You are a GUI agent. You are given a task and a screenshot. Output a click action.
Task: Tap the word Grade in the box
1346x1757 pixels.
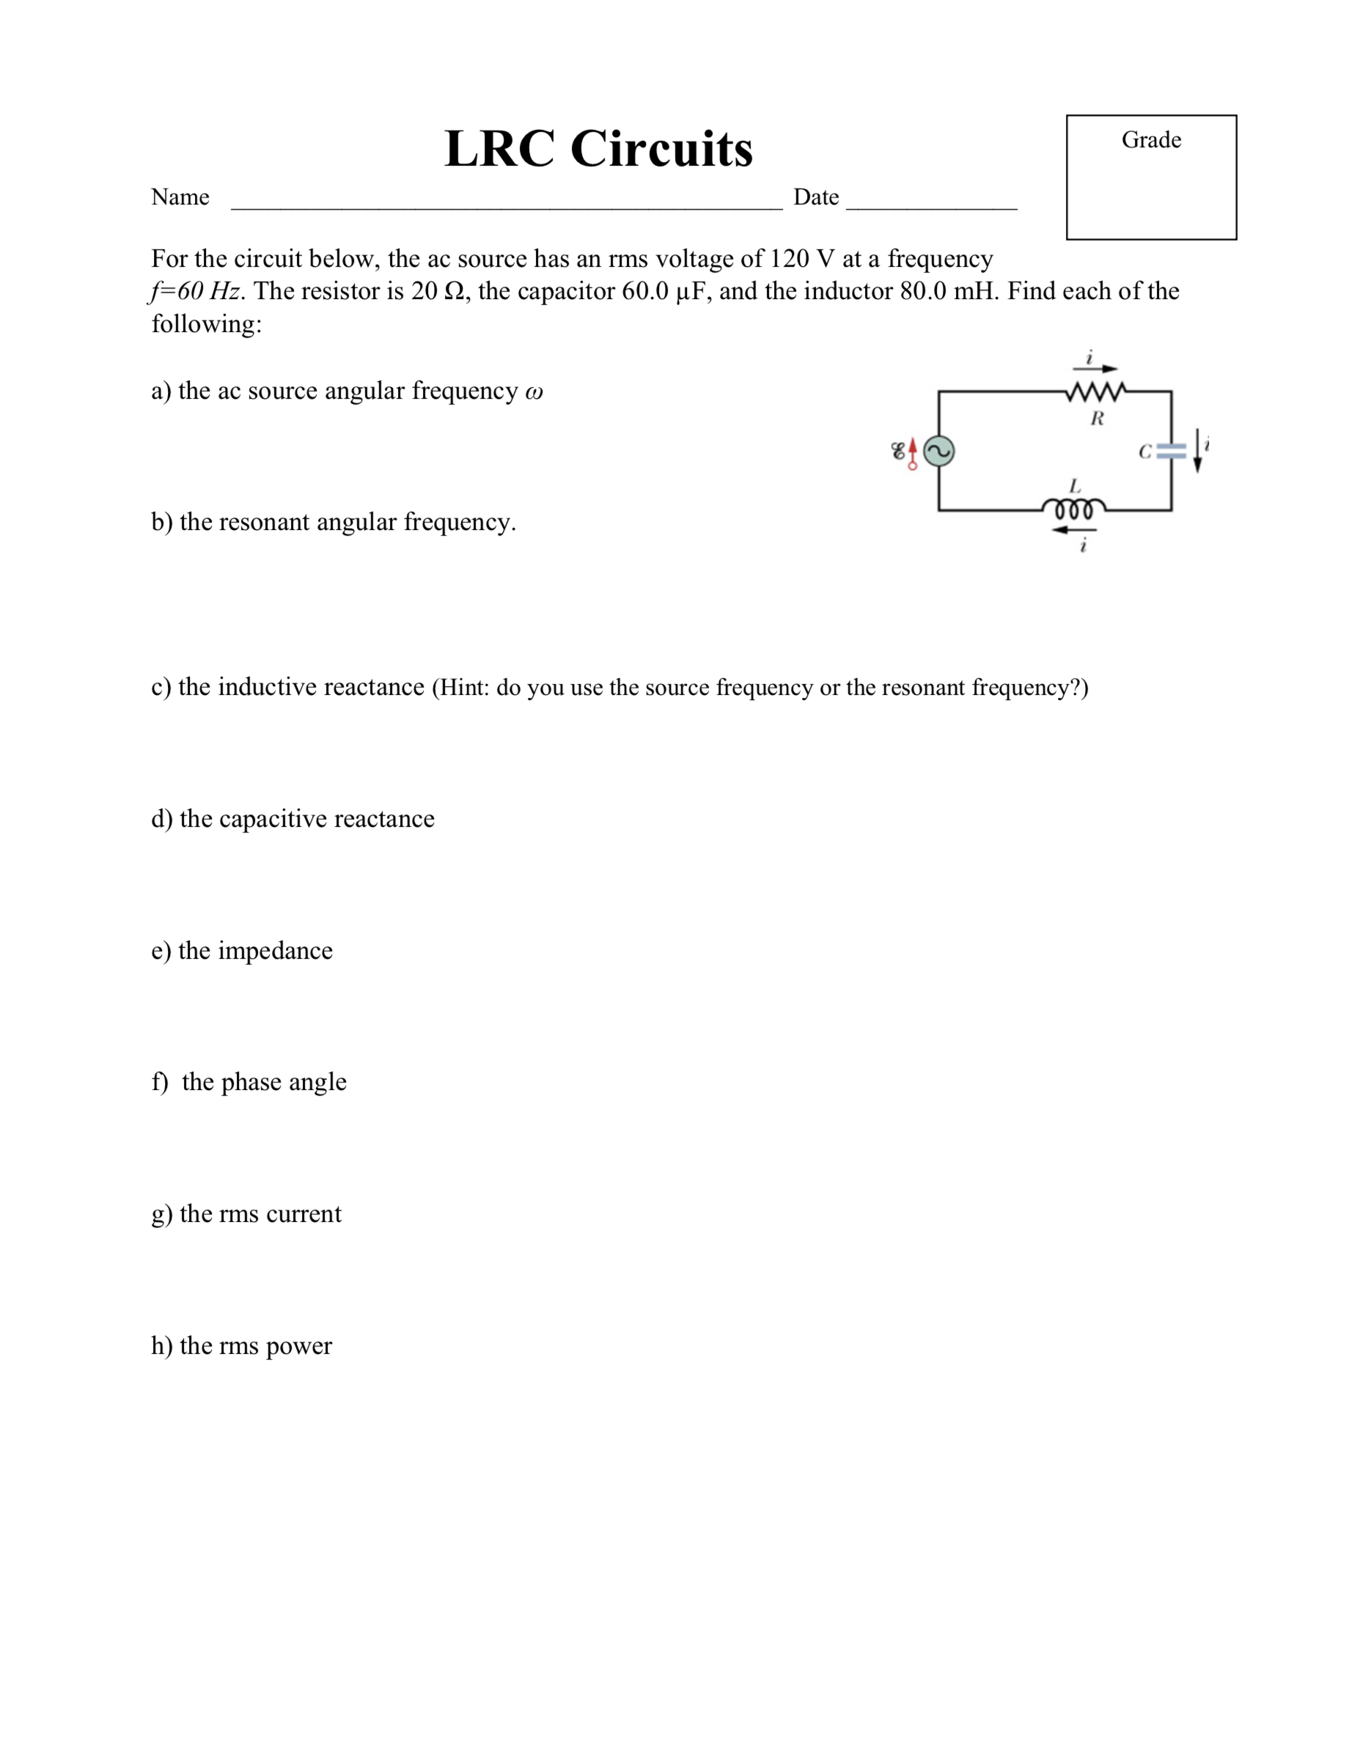click(x=1150, y=140)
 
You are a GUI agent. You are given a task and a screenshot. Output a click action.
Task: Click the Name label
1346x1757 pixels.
click(x=180, y=197)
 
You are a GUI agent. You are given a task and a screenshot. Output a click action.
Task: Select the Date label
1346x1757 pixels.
click(x=816, y=197)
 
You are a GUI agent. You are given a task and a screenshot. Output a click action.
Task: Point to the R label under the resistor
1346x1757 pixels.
click(x=1097, y=419)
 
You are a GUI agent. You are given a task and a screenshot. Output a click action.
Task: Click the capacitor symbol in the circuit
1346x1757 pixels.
click(x=1172, y=451)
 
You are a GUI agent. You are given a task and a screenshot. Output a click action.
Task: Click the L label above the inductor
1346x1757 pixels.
click(x=1075, y=486)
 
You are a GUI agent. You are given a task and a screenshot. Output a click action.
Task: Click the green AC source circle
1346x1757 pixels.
click(x=939, y=451)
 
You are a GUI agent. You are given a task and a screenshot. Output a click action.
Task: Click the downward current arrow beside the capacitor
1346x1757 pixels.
click(x=1197, y=450)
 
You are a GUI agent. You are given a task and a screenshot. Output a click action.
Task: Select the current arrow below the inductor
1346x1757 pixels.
click(x=1073, y=529)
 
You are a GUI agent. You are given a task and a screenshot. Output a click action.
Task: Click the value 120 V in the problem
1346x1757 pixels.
click(x=801, y=259)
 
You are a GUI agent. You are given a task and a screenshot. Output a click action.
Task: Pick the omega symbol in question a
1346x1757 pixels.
click(x=534, y=391)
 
